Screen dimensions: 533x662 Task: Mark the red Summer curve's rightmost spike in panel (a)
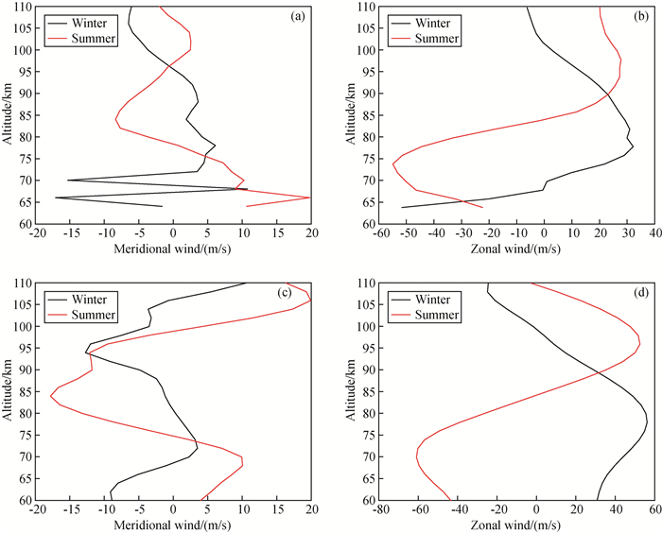coord(310,198)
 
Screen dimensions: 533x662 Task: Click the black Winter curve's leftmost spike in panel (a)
coord(56,198)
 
